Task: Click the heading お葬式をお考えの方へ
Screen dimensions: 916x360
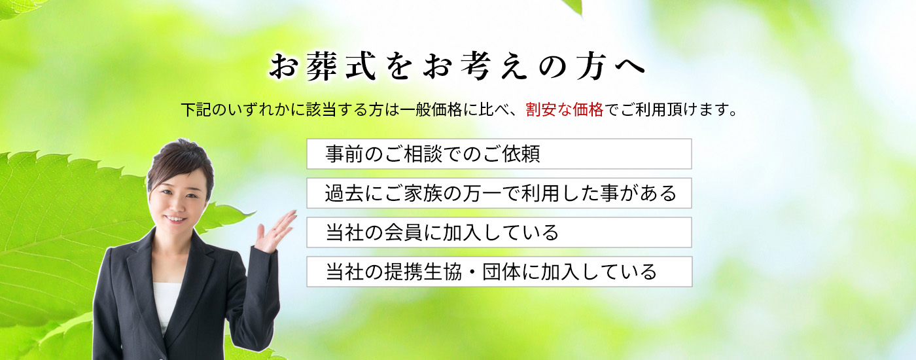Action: [457, 67]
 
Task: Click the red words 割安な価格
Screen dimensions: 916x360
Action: [564, 110]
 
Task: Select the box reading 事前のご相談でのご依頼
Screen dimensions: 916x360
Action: [499, 154]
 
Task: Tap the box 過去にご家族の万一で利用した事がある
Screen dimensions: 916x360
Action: [499, 193]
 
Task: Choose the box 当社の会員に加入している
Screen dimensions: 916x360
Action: [499, 232]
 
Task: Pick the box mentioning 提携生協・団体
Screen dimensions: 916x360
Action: [499, 272]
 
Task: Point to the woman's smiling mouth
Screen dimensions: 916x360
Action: [176, 219]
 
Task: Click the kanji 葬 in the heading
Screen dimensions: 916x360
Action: [322, 67]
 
